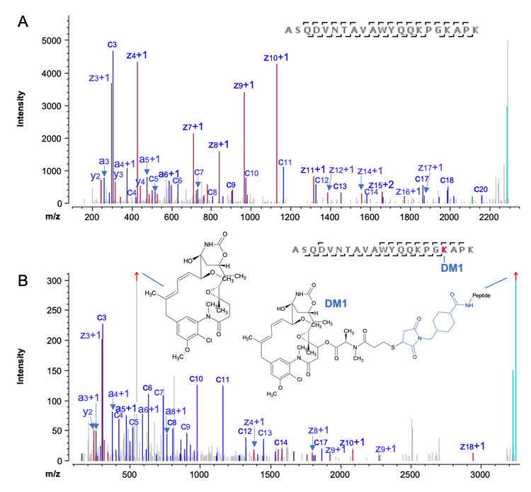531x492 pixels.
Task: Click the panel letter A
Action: [23, 23]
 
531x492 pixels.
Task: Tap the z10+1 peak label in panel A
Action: [276, 57]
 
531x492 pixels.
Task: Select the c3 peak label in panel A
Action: [113, 45]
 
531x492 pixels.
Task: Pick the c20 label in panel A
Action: [481, 189]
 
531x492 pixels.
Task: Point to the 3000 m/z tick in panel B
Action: [481, 474]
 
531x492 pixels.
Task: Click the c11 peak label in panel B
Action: [223, 379]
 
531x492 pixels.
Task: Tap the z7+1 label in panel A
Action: [193, 126]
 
